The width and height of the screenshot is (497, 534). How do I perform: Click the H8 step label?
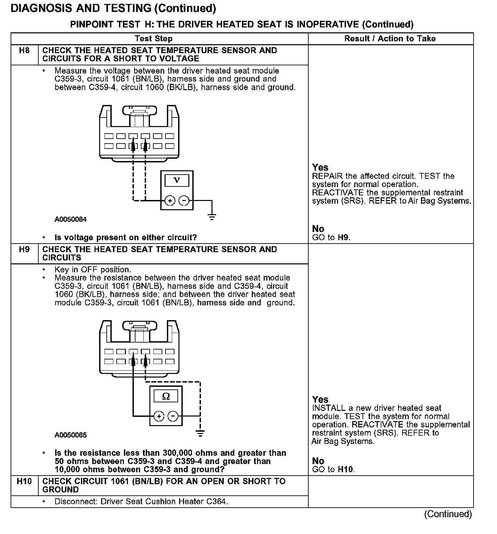24,50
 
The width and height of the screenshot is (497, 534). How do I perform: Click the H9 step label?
24,250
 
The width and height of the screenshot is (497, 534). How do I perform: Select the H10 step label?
24,482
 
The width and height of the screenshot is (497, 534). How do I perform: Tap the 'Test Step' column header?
154,39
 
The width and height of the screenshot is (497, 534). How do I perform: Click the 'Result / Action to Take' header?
390,39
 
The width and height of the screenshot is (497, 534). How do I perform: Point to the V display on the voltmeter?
177,180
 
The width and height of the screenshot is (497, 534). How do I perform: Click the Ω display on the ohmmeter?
166,396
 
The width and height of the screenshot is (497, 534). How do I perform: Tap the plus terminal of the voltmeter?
170,200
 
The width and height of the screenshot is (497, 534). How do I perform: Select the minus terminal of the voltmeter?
184,200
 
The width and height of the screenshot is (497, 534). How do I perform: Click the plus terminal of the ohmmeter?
159,416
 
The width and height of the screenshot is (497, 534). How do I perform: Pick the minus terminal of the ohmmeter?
173,416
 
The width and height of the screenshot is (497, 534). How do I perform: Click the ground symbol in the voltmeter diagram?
212,217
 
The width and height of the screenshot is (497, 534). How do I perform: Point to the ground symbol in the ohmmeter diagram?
200,433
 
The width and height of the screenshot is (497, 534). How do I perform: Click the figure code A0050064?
70,219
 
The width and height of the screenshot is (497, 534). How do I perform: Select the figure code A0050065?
70,435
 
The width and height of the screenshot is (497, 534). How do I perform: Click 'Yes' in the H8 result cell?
320,167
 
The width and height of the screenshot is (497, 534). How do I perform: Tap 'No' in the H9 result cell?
318,461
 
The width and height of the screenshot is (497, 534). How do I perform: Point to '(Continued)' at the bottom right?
448,514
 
